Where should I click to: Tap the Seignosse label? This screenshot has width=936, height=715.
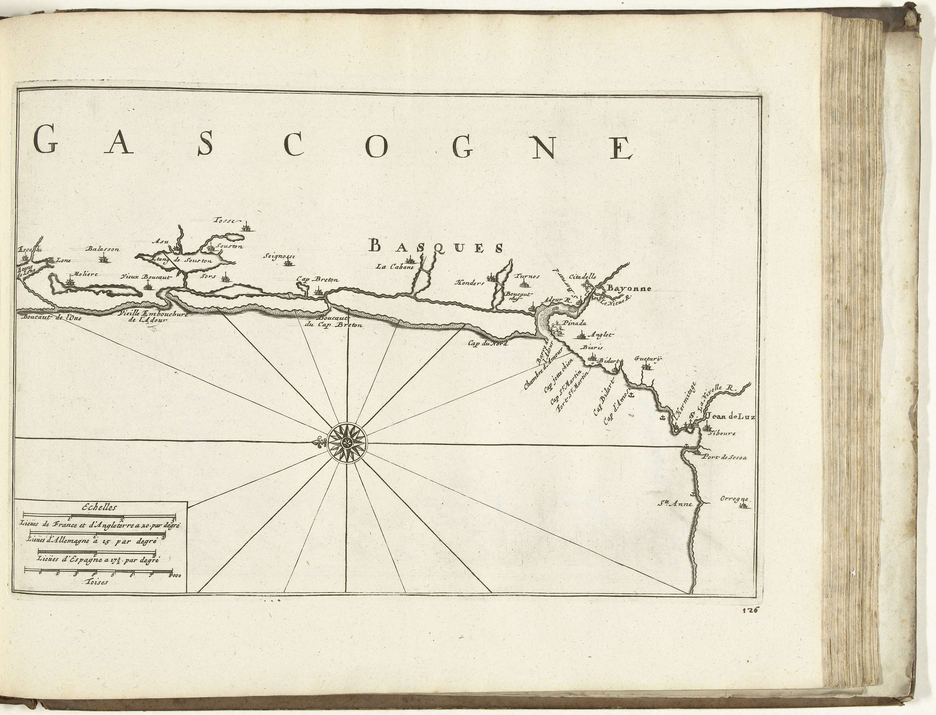(279, 257)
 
